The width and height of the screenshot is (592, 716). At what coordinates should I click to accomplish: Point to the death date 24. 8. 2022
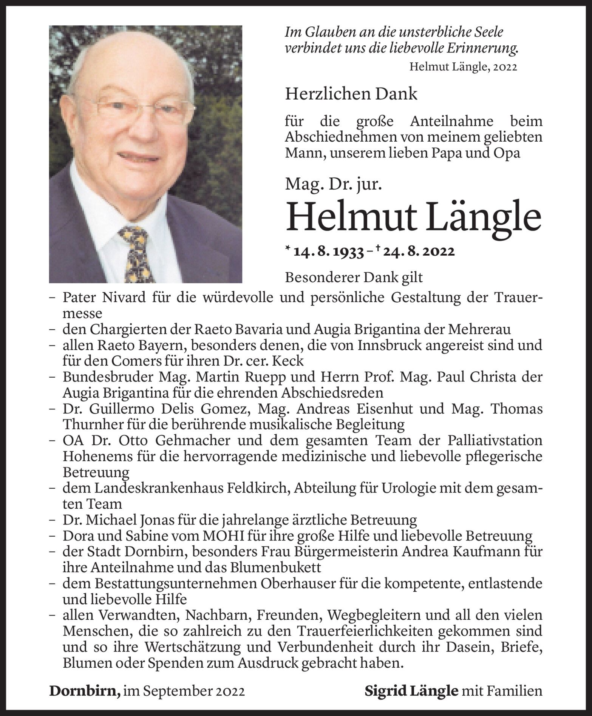click(417, 251)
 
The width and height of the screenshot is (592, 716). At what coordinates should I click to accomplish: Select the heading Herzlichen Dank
click(351, 94)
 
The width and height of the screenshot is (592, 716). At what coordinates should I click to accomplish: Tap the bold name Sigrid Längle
click(411, 691)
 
